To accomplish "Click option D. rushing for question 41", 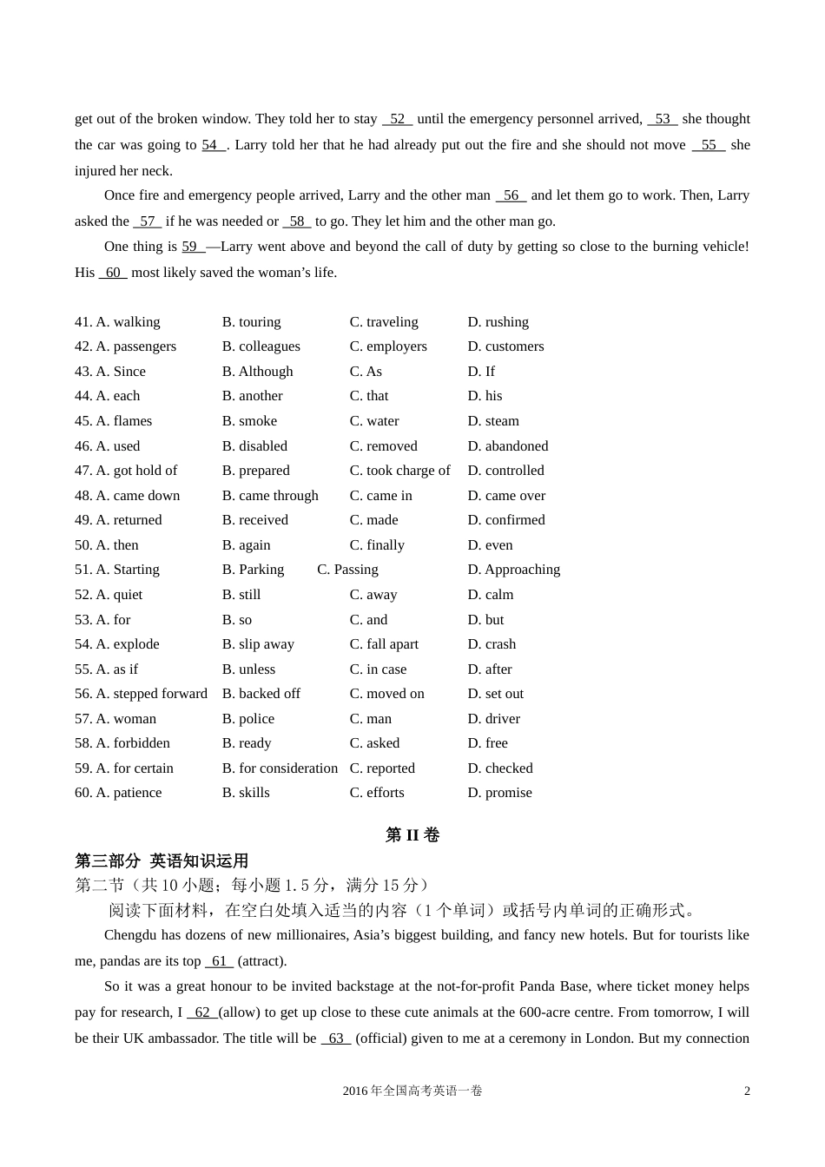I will [x=498, y=322].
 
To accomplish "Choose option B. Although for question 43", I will [x=257, y=372].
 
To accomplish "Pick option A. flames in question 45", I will [x=113, y=421].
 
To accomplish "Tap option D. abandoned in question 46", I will [x=507, y=446].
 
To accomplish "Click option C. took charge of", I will [x=399, y=471].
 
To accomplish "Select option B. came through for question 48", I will [x=270, y=496].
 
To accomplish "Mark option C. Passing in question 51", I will [x=347, y=570].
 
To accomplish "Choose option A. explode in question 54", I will [x=117, y=644].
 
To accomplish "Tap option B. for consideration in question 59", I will [x=280, y=768].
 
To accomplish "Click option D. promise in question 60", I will [x=499, y=793].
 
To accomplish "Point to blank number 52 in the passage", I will [x=397, y=119].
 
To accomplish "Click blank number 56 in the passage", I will [x=511, y=195].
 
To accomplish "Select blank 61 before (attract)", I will [x=219, y=961].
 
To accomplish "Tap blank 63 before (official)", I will [x=336, y=1038].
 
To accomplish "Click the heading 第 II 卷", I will [x=412, y=835].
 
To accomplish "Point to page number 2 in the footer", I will [x=747, y=1091].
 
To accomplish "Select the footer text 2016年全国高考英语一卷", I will [x=412, y=1091].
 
